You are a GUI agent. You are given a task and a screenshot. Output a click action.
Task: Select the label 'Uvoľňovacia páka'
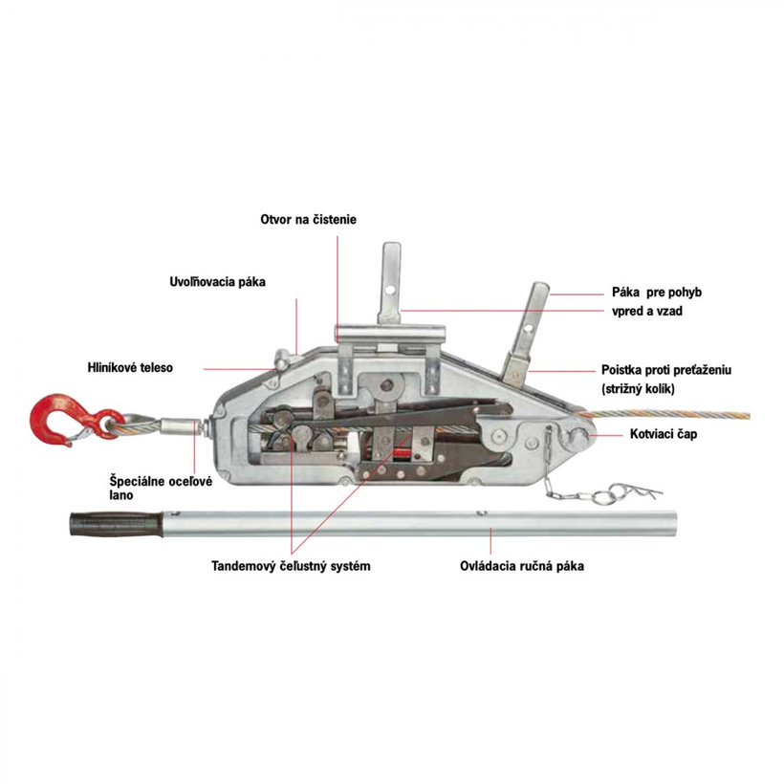click(x=217, y=282)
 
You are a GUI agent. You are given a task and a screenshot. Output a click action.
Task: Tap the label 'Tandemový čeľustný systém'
click(x=291, y=566)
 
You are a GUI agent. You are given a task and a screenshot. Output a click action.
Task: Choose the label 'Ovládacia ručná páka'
click(x=521, y=566)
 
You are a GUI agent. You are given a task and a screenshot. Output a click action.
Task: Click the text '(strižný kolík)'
click(x=644, y=389)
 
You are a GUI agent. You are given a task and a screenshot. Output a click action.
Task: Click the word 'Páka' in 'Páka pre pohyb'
click(x=625, y=292)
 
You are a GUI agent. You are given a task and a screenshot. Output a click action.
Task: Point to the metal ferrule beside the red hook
click(x=178, y=423)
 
